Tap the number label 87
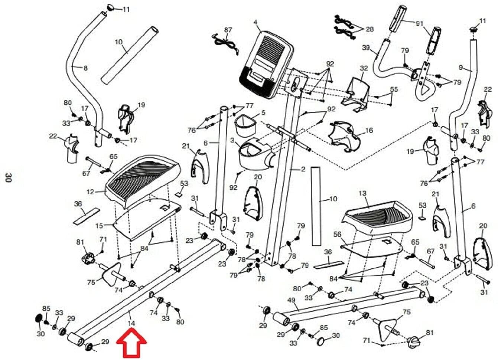pyautogui.click(x=228, y=30)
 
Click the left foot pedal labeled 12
pyautogui.click(x=143, y=182)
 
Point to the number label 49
pyautogui.click(x=291, y=300)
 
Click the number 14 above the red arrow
pyautogui.click(x=131, y=323)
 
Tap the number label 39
pyautogui.click(x=366, y=48)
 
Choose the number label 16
pyautogui.click(x=369, y=130)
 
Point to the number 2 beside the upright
pyautogui.click(x=303, y=169)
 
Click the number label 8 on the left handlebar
pyautogui.click(x=86, y=68)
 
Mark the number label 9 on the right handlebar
pyautogui.click(x=460, y=68)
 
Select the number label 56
pyautogui.click(x=337, y=234)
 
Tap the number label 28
pyautogui.click(x=370, y=29)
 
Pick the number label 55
pyautogui.click(x=394, y=89)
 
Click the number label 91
pyautogui.click(x=420, y=23)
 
